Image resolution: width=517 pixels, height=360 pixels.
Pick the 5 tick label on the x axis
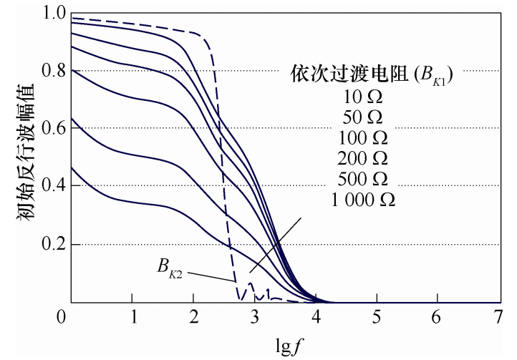click(x=377, y=316)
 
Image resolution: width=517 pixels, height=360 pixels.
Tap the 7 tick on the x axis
click(x=498, y=316)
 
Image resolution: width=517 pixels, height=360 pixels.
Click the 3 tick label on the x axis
click(x=255, y=316)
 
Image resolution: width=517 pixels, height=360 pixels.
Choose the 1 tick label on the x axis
click(x=132, y=316)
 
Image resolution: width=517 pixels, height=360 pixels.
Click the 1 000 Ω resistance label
click(x=364, y=200)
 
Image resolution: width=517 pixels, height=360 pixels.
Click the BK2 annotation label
click(x=171, y=268)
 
